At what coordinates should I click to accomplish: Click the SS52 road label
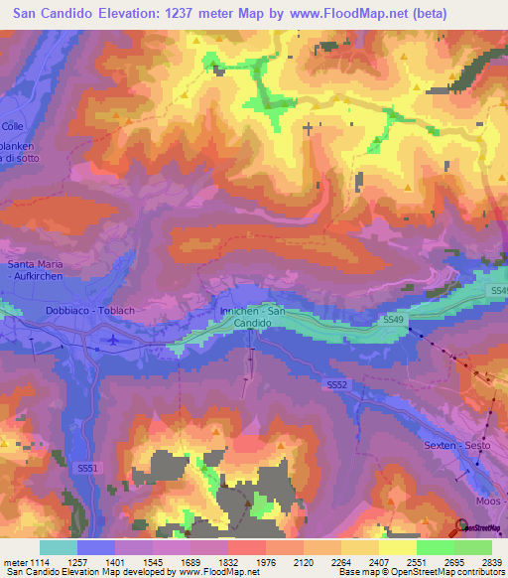click(x=337, y=383)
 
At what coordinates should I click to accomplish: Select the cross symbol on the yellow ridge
click(x=308, y=128)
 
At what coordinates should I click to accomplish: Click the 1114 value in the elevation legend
click(x=41, y=563)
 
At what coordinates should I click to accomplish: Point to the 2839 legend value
click(x=491, y=563)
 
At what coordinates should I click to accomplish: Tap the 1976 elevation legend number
click(x=267, y=563)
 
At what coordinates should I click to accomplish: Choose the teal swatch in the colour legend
click(x=59, y=547)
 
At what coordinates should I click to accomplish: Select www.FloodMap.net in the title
click(x=355, y=14)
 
